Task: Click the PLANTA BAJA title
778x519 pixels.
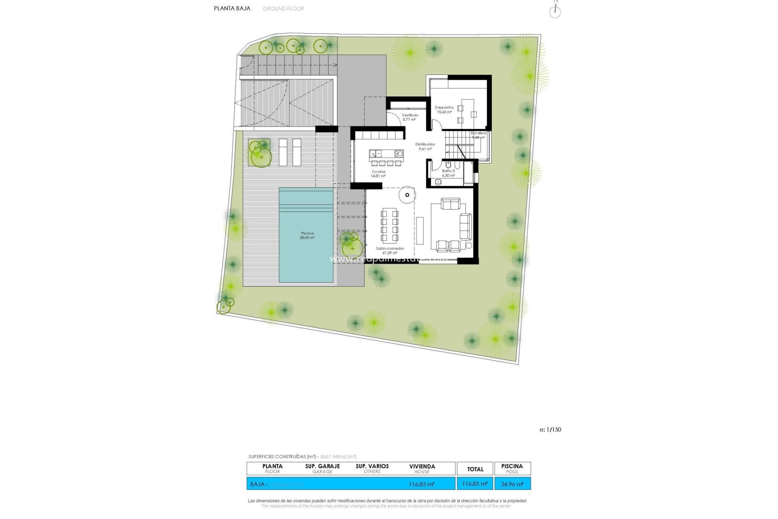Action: pyautogui.click(x=232, y=8)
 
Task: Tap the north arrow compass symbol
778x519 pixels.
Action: pyautogui.click(x=555, y=11)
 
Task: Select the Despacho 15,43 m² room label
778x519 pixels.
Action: pyautogui.click(x=444, y=110)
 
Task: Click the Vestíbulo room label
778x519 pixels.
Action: pyautogui.click(x=410, y=117)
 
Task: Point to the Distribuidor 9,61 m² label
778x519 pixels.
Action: pyautogui.click(x=425, y=146)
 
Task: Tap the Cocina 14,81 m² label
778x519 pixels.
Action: pyautogui.click(x=378, y=174)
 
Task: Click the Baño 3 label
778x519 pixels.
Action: pyautogui.click(x=448, y=173)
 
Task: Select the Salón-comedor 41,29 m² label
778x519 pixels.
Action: pyautogui.click(x=390, y=251)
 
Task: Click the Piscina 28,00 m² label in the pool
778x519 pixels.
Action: pyautogui.click(x=307, y=236)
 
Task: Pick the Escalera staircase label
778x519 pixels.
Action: pyautogui.click(x=479, y=135)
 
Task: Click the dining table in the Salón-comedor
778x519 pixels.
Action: pyautogui.click(x=389, y=225)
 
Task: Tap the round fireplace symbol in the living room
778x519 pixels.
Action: pyautogui.click(x=407, y=195)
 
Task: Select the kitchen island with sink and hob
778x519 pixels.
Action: pyautogui.click(x=386, y=154)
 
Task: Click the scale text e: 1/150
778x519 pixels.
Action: pyautogui.click(x=550, y=429)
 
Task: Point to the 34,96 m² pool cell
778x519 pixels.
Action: pyautogui.click(x=512, y=484)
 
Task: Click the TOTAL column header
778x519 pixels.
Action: pyautogui.click(x=475, y=469)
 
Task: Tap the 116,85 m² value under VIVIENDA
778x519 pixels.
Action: pyautogui.click(x=422, y=484)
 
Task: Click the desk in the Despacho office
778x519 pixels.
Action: pyautogui.click(x=468, y=108)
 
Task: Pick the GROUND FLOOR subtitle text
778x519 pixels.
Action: pyautogui.click(x=283, y=9)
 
